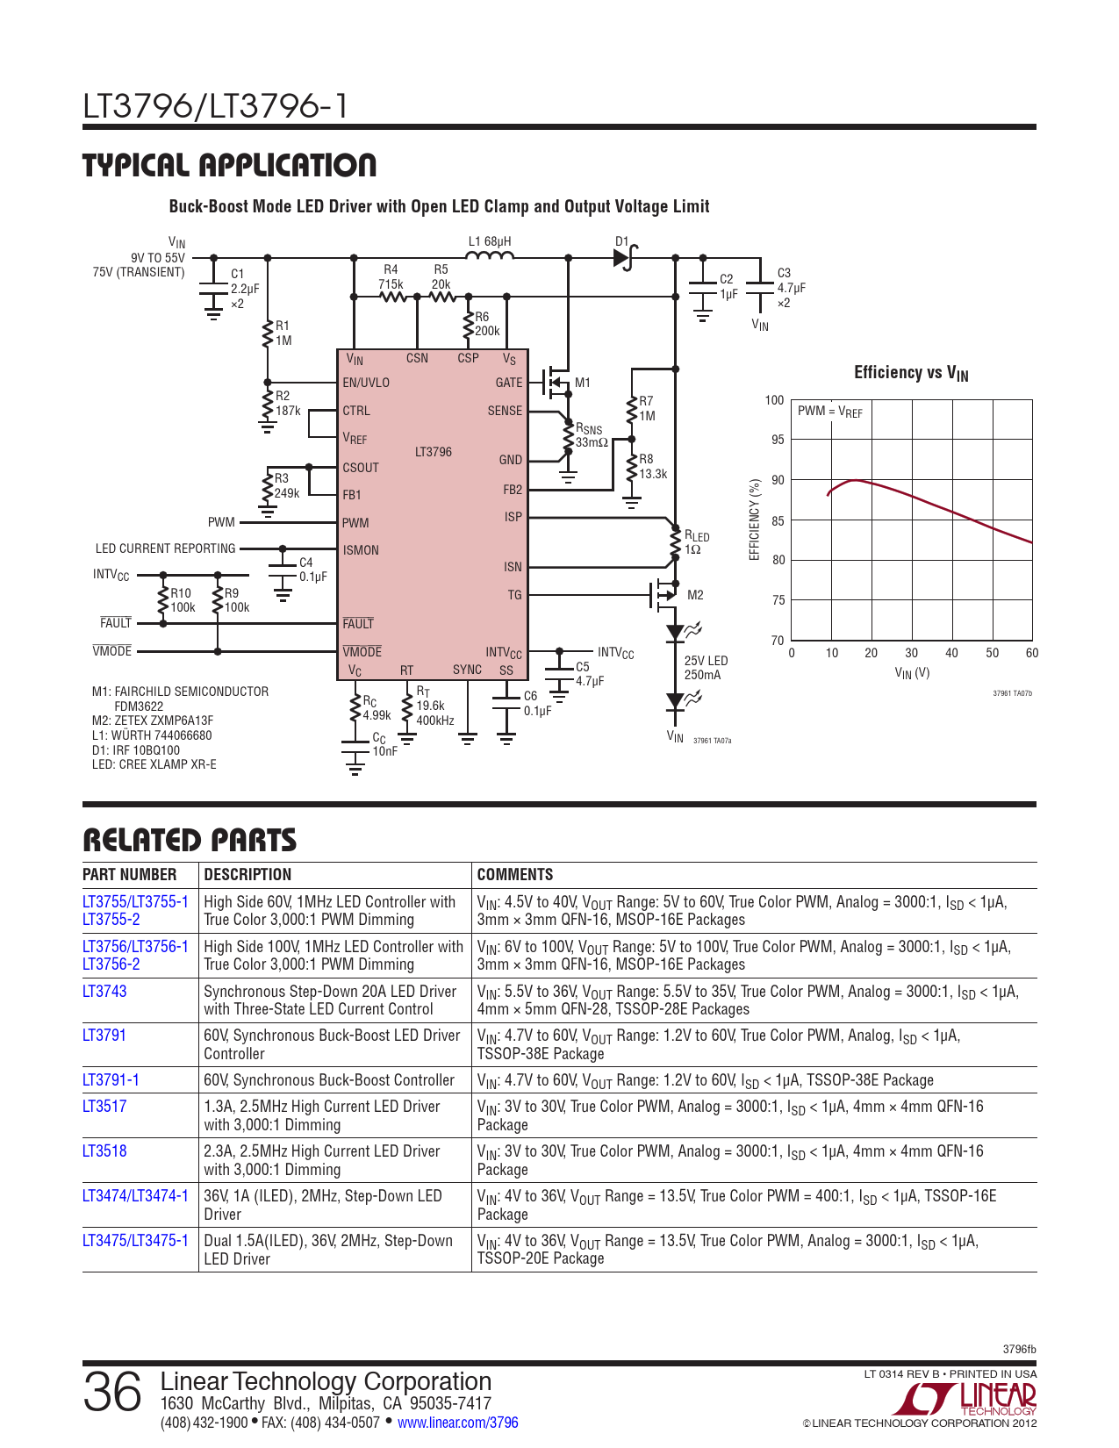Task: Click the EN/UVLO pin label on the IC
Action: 366,383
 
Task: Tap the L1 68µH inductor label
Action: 489,241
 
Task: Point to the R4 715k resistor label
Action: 391,276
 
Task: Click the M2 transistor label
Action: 695,595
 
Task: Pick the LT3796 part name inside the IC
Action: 434,452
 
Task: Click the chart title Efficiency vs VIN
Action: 911,373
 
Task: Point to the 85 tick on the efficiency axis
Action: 778,521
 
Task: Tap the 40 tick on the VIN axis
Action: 951,653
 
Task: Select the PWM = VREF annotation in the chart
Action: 829,412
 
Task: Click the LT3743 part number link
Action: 104,991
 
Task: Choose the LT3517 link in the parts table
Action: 104,1106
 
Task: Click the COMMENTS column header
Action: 515,874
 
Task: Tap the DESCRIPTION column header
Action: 247,874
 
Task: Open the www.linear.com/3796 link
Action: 458,1423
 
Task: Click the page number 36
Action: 112,1392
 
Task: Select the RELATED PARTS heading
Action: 190,841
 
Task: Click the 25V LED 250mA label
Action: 706,668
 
